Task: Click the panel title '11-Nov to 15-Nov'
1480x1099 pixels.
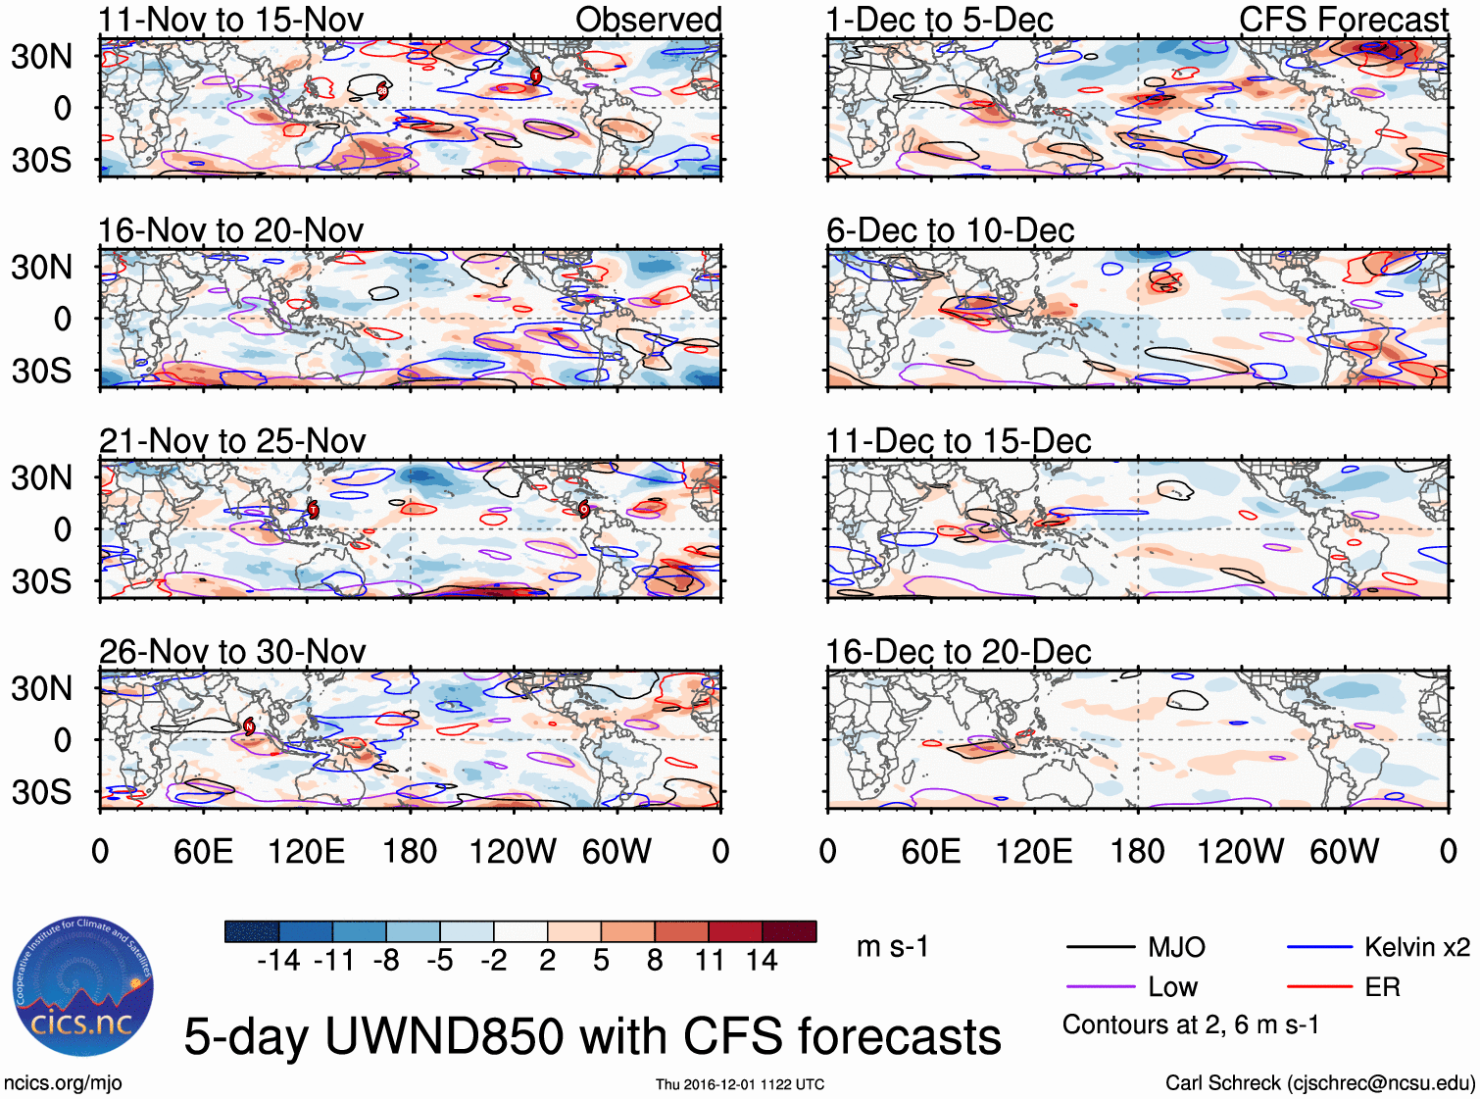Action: [230, 20]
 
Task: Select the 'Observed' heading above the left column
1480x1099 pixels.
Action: [648, 20]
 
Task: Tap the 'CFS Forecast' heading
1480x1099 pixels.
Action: [1343, 20]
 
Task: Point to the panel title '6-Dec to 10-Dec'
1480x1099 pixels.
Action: [950, 230]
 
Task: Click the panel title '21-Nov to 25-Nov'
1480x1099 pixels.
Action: [232, 441]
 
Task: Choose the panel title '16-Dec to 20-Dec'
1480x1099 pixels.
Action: [958, 652]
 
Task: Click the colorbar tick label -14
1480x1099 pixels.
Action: [278, 961]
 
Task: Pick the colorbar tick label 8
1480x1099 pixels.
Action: [655, 961]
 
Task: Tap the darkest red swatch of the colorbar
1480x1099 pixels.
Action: [789, 931]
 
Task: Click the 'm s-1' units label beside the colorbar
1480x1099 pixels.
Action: [892, 947]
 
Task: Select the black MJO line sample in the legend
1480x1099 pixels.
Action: [1100, 947]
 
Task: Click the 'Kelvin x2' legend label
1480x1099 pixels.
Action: [1416, 947]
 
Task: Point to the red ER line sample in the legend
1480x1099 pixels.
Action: [1319, 987]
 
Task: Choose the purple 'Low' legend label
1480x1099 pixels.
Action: [1172, 987]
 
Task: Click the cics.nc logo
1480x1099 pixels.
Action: [83, 987]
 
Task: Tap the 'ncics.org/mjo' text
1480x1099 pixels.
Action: [63, 1083]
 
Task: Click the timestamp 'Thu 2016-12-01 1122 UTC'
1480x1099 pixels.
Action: [740, 1084]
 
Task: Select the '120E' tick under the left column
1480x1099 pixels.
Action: [307, 851]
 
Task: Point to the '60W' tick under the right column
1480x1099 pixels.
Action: [1344, 851]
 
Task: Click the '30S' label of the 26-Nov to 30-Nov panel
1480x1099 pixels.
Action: [41, 792]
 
